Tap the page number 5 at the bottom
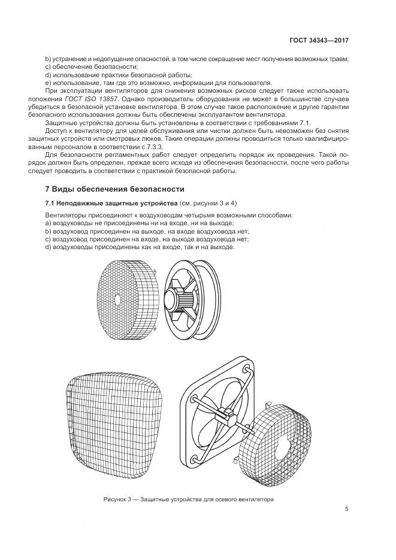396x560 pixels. [347, 509]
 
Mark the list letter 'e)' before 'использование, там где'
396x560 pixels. [49, 83]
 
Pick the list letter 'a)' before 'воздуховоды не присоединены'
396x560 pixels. [49, 223]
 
